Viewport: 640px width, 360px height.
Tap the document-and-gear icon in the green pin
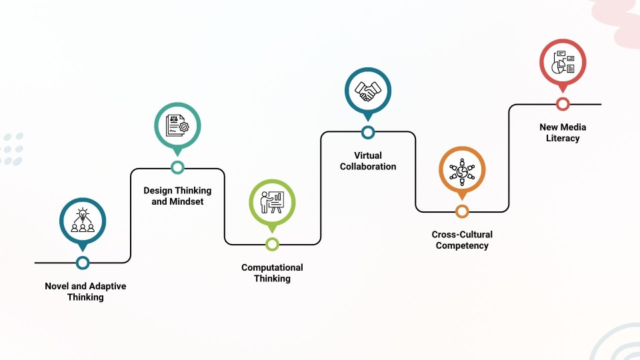(x=177, y=126)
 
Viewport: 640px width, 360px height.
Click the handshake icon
(x=367, y=91)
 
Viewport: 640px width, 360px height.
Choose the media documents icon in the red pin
(x=563, y=62)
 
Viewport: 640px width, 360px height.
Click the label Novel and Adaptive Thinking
(x=85, y=292)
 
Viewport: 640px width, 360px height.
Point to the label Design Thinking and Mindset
(x=177, y=196)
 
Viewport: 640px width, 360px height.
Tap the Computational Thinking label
(x=272, y=273)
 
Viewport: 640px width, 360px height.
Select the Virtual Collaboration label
(x=368, y=161)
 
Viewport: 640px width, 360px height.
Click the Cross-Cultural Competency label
(x=462, y=240)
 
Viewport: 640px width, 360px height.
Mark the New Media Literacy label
(x=563, y=133)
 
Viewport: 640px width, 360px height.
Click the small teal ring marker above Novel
(x=83, y=263)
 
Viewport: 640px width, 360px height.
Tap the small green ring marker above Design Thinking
(x=177, y=167)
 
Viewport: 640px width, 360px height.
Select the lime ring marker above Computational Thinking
(x=272, y=244)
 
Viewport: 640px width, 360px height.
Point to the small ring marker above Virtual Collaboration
(x=368, y=132)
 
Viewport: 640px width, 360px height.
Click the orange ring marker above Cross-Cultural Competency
(x=462, y=211)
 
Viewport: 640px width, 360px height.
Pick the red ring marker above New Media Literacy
(x=563, y=103)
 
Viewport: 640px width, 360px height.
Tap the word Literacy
(x=563, y=139)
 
